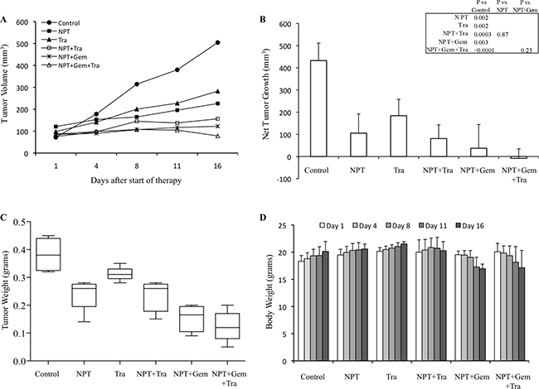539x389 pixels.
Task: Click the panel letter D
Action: coord(285,219)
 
